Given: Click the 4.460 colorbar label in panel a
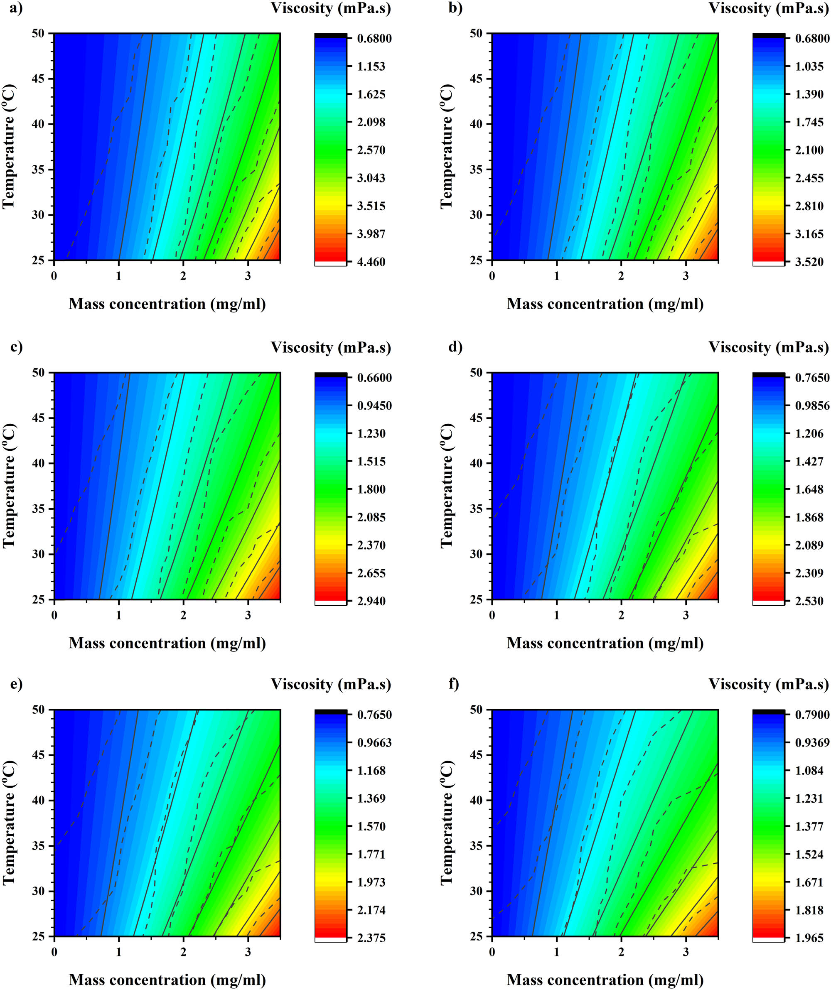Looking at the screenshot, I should [371, 262].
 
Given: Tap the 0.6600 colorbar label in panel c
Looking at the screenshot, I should [374, 378].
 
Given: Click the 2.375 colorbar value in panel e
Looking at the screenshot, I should [371, 938].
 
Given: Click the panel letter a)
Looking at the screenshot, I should [16, 8].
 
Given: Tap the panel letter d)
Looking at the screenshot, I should [455, 347].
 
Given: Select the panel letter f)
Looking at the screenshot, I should [454, 684].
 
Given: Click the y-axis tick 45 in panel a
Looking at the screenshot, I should [38, 79].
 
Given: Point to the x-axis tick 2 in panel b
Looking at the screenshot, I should [621, 276].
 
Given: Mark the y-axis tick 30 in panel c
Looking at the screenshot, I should [38, 554].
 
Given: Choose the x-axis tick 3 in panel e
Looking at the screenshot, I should [248, 952].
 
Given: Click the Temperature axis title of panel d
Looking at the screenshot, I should [446, 486].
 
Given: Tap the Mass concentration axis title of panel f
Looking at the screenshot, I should [605, 980].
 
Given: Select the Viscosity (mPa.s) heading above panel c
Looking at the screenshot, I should [331, 348].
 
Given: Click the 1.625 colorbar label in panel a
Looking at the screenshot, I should [371, 94].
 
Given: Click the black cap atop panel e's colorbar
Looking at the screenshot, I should [330, 712].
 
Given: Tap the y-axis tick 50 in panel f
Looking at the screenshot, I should [476, 710].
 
